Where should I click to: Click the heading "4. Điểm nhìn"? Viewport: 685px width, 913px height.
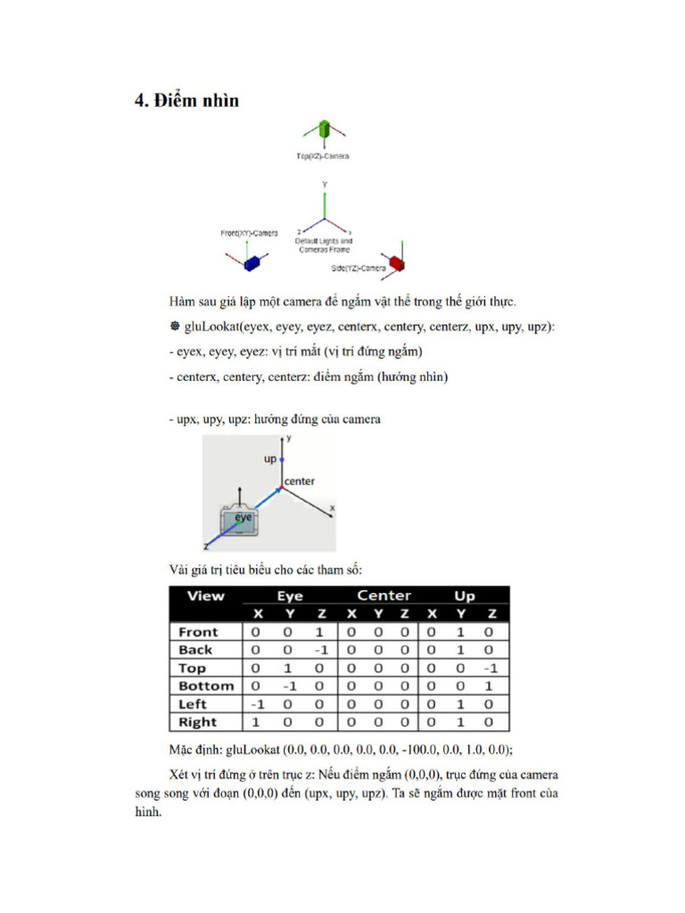(x=186, y=101)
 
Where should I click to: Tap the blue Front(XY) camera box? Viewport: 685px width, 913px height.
(x=252, y=261)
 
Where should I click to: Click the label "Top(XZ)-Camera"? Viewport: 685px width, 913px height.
(x=323, y=156)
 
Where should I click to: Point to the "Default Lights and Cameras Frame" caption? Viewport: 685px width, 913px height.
(x=324, y=245)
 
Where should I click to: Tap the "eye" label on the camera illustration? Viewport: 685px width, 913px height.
(x=243, y=517)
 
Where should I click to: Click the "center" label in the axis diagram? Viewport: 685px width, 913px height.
(x=300, y=481)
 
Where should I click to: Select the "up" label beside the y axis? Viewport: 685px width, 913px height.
(x=269, y=459)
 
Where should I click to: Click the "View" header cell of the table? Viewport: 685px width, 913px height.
(x=205, y=596)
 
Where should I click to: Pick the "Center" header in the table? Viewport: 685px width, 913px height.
(x=384, y=596)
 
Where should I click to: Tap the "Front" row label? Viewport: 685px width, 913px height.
(x=198, y=632)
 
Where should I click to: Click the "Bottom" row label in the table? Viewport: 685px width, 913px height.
(x=206, y=687)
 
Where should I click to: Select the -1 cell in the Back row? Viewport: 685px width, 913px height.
(x=322, y=650)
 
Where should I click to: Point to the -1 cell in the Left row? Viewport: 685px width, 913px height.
(x=255, y=704)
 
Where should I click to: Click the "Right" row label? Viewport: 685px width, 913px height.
(x=198, y=722)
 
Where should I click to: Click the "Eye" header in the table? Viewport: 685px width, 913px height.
(x=290, y=596)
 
